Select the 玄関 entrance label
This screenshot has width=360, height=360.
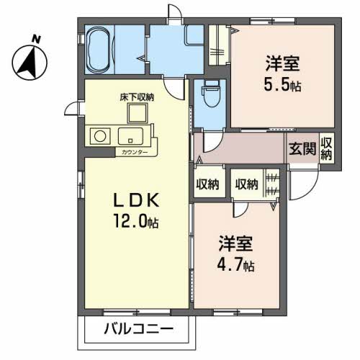click(302, 150)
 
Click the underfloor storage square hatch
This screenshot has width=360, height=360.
click(138, 113)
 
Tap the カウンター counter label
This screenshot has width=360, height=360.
click(134, 153)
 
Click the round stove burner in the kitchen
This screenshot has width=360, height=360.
click(99, 135)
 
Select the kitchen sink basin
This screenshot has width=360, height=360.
click(130, 135)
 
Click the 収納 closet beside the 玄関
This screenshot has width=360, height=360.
click(326, 150)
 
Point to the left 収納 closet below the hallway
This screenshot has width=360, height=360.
click(207, 184)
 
